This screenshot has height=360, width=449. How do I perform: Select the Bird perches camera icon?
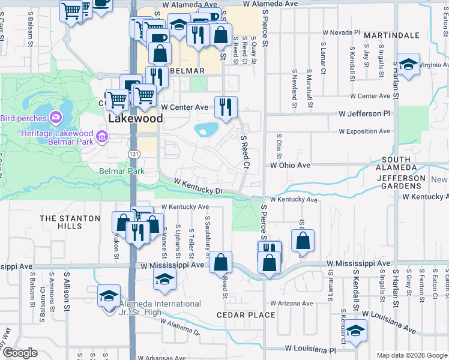[x=56, y=116]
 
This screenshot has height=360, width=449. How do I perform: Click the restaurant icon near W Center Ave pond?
[x=226, y=107]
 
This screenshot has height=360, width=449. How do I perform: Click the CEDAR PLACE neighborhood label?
[x=247, y=315]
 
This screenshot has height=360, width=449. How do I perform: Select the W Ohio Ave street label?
[x=290, y=164]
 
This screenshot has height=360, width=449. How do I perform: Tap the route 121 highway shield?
[x=133, y=155]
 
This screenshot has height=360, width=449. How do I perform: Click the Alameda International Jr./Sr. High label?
[x=160, y=308]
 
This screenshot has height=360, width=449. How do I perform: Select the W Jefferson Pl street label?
[x=364, y=113]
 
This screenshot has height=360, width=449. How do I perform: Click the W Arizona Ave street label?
[x=292, y=303]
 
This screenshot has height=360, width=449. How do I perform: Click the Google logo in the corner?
[x=20, y=353]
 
